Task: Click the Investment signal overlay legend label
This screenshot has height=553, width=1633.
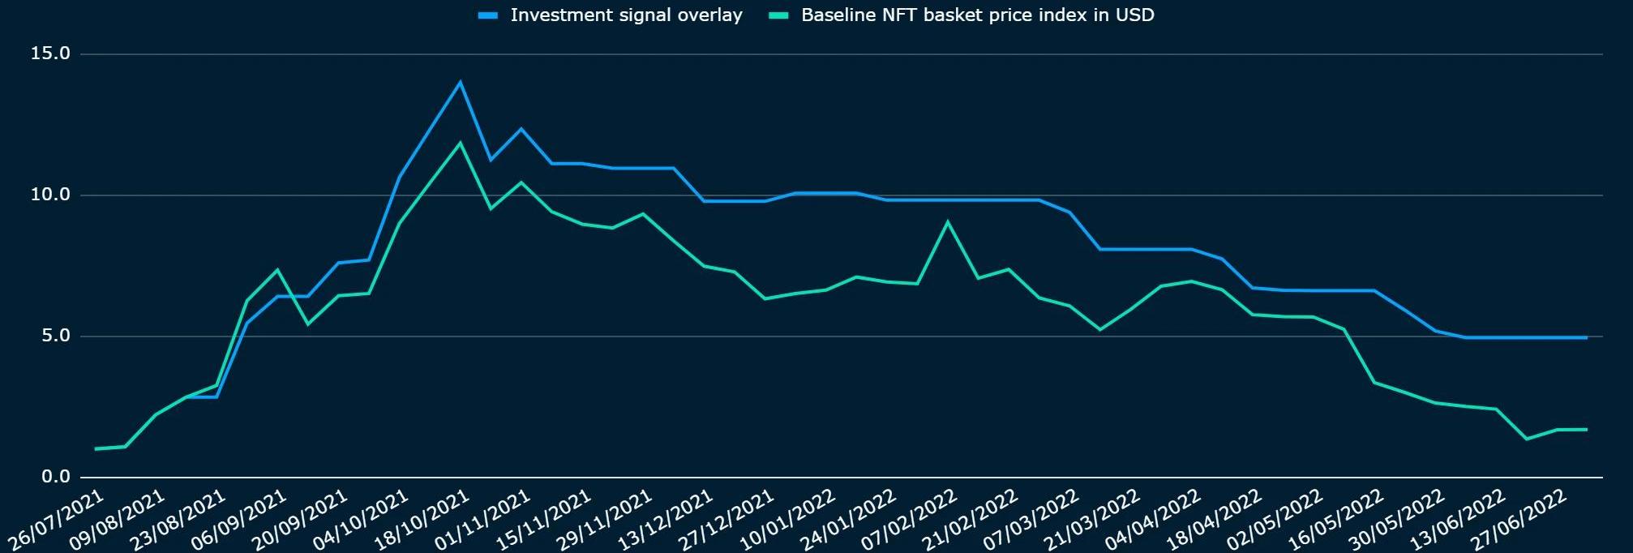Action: click(x=626, y=15)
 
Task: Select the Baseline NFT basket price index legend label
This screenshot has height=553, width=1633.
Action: click(x=977, y=15)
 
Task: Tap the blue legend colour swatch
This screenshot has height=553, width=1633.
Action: click(x=488, y=15)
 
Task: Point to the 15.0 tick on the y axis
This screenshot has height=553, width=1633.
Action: click(x=50, y=54)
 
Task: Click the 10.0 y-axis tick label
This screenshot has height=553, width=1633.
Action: click(x=50, y=195)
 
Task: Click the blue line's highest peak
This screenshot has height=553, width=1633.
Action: click(x=461, y=82)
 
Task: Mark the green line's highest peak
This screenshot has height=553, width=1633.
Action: click(x=461, y=144)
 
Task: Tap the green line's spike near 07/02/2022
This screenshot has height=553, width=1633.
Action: click(x=948, y=222)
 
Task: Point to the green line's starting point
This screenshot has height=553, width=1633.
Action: click(x=96, y=448)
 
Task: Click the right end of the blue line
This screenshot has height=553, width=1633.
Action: click(x=1586, y=337)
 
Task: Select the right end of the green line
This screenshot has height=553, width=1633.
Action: click(x=1586, y=429)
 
